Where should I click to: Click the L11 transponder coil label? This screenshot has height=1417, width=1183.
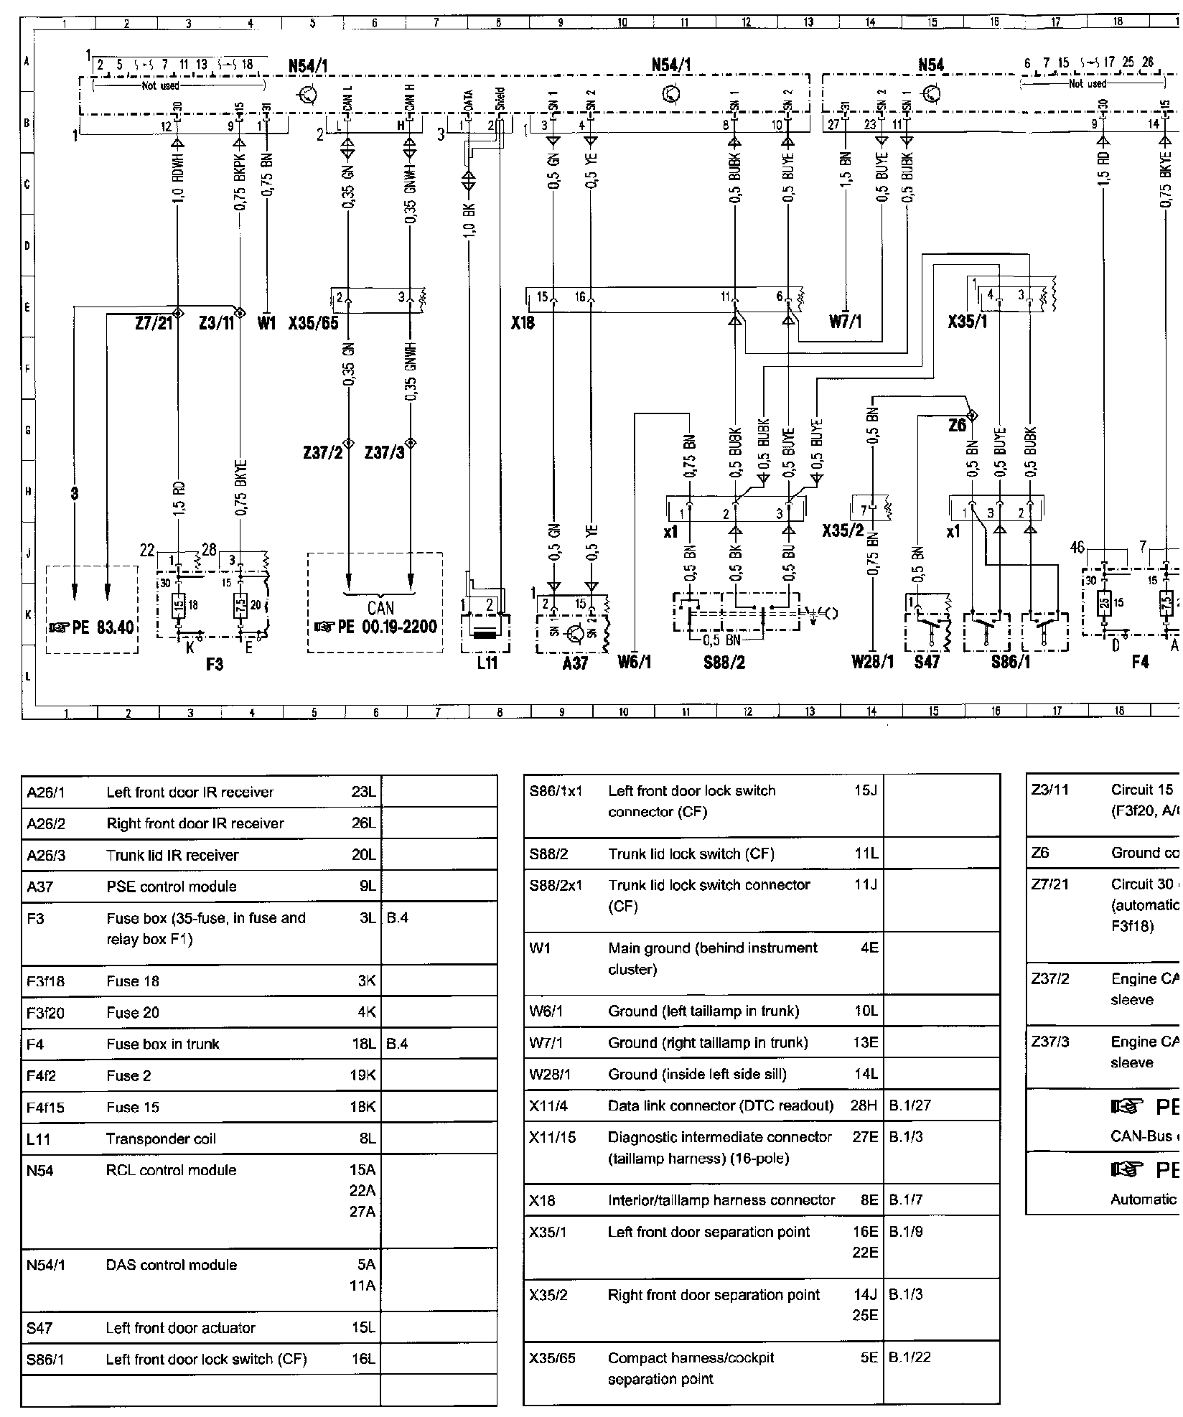click(487, 663)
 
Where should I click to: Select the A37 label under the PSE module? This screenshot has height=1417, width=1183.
click(575, 663)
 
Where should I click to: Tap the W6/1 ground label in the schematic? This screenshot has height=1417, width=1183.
click(635, 662)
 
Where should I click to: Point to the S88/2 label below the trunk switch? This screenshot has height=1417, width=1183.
click(724, 662)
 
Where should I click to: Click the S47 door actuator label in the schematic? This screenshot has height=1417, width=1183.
click(927, 662)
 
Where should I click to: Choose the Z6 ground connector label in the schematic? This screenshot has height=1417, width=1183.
click(957, 426)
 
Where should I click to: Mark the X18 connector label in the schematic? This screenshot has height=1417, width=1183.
click(523, 324)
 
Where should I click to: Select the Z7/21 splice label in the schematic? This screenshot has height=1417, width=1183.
click(154, 324)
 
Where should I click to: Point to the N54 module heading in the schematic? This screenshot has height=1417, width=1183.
click(931, 66)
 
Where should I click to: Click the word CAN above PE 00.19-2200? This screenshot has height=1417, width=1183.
click(380, 609)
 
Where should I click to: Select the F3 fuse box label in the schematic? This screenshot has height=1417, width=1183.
click(214, 664)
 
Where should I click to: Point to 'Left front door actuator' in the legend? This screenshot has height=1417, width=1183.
click(180, 1328)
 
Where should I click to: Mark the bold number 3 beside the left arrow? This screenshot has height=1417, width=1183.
click(75, 494)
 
